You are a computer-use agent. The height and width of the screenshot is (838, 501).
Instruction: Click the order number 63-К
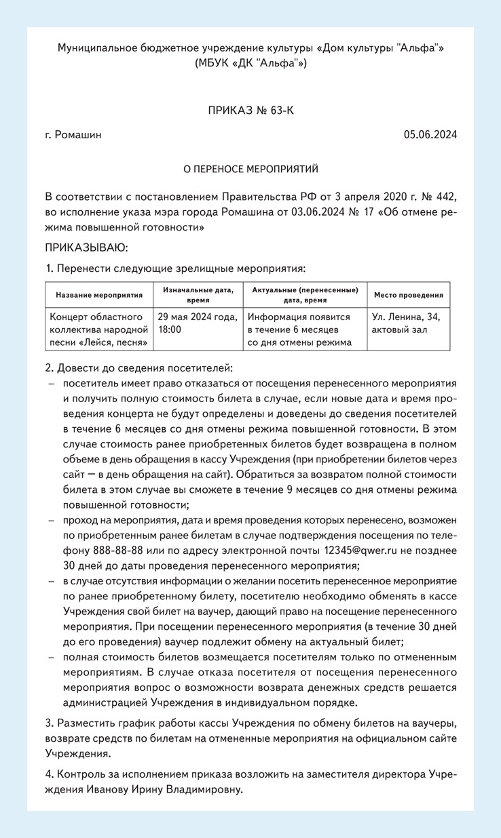click(280, 110)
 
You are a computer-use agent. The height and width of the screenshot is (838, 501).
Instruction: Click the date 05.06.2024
click(430, 135)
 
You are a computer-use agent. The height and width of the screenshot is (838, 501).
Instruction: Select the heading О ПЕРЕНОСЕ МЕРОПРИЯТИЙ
click(250, 168)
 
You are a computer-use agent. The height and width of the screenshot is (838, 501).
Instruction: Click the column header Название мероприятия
click(99, 296)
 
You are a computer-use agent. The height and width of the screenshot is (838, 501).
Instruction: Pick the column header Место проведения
click(409, 296)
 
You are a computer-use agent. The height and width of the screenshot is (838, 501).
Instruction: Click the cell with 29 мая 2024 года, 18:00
click(197, 323)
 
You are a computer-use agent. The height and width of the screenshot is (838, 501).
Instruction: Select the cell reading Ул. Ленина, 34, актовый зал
click(407, 323)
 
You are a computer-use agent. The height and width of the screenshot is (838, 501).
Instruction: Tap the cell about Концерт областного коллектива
click(99, 330)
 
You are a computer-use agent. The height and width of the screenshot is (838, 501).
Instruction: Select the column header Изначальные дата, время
click(197, 296)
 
